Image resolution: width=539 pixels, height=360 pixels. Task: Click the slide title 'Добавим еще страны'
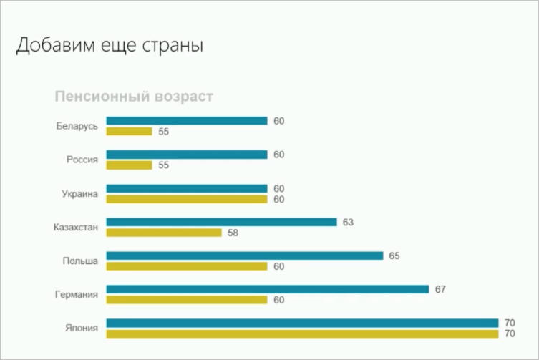pos(110,46)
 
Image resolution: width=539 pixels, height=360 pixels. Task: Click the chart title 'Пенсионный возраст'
pos(134,97)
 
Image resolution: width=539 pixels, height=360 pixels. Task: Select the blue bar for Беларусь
pos(187,121)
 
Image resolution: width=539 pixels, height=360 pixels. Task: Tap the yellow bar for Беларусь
pos(130,132)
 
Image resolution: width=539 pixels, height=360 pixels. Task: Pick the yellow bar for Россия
pos(130,165)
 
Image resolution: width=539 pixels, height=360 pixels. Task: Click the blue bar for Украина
pos(187,188)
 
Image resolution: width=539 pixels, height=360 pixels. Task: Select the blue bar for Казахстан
pos(221,222)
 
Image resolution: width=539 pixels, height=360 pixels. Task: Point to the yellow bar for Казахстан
pos(164,233)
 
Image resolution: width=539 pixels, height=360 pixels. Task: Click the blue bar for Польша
pos(244,256)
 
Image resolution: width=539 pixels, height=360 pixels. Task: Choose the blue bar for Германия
pos(267,289)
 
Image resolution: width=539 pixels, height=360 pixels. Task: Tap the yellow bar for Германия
pos(187,300)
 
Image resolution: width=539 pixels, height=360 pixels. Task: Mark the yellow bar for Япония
pos(302,334)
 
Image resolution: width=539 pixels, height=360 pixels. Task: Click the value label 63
pos(349,223)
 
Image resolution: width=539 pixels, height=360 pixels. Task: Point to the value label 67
pos(440,289)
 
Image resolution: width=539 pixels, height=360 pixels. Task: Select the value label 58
pos(233,233)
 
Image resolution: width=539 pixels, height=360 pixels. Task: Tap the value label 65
pos(394,256)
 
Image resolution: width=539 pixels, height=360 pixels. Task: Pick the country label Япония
pos(82,329)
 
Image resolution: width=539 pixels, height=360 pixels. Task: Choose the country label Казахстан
pos(75,228)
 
